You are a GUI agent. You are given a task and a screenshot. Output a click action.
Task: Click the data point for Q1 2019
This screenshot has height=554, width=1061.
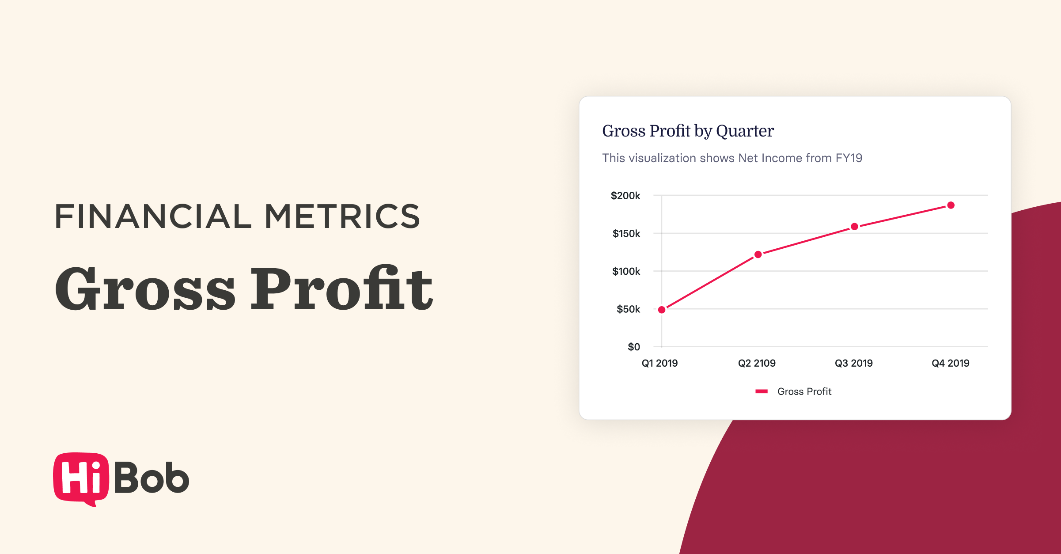click(662, 310)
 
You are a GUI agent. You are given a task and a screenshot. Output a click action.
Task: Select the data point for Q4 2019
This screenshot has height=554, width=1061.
click(951, 205)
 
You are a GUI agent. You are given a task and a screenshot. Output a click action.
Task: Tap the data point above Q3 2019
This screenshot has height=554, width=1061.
click(855, 227)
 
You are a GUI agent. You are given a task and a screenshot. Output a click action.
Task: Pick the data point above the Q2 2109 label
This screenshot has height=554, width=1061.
click(758, 254)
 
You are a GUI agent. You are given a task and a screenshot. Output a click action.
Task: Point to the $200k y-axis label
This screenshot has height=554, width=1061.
click(625, 196)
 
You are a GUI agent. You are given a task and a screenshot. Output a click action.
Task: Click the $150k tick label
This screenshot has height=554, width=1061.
click(626, 234)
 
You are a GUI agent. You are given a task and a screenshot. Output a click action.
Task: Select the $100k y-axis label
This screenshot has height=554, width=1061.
click(626, 271)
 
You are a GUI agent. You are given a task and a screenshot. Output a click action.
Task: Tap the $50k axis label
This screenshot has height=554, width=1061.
click(628, 309)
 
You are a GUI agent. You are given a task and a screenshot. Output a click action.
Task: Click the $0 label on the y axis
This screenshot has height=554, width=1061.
click(634, 347)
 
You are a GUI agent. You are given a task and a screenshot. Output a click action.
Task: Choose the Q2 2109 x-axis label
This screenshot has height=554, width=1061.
click(757, 363)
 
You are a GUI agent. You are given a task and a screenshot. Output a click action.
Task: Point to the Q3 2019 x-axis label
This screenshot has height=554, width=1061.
click(853, 363)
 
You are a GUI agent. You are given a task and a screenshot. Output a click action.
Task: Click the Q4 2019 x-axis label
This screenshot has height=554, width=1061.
click(950, 363)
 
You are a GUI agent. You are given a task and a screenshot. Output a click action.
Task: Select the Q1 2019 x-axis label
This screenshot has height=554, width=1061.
click(659, 363)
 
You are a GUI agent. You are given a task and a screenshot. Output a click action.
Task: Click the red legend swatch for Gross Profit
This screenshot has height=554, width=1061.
click(762, 391)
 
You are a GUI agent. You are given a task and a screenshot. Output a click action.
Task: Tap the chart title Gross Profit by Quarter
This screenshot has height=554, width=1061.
click(688, 131)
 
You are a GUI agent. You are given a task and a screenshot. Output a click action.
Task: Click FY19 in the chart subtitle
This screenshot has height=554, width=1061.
click(849, 158)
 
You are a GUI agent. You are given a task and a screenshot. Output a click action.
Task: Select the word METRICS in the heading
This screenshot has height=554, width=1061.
click(342, 216)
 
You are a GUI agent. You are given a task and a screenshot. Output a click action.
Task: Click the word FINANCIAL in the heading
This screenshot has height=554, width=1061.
click(153, 216)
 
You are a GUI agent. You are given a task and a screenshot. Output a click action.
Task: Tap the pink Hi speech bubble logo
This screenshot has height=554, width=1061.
click(81, 478)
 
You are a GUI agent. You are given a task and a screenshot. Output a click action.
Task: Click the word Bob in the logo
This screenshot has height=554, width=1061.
click(152, 478)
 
